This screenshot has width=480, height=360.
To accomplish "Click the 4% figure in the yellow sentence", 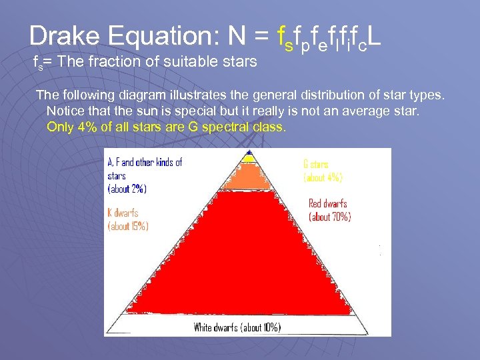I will (85, 127).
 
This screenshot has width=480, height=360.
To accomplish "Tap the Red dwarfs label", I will (328, 203).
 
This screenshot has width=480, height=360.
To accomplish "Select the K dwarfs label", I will (123, 213).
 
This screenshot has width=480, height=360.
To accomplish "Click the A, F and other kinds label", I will (145, 162).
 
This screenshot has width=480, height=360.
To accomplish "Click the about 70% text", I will (329, 217).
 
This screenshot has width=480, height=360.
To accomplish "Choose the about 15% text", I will (128, 226).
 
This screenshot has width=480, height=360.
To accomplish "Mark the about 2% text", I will (127, 189).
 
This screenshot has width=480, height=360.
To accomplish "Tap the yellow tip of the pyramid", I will (248, 157).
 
